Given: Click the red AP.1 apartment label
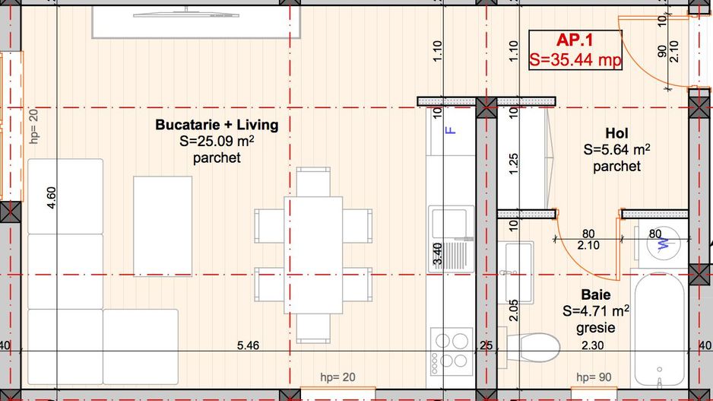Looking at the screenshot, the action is [x=575, y=40].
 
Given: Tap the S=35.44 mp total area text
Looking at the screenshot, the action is [x=575, y=59].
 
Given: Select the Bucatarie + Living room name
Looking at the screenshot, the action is [x=217, y=124].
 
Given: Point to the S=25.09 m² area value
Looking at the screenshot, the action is [x=217, y=141].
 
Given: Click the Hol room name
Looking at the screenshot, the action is [x=616, y=133].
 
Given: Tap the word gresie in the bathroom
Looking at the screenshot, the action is [x=595, y=328].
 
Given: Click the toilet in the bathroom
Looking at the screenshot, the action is [x=530, y=347].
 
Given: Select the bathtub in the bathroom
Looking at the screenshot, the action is [x=659, y=329].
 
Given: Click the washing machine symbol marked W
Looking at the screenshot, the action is [x=664, y=243].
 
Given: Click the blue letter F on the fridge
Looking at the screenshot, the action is [x=450, y=130].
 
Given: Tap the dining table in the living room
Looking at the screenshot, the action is [x=313, y=255].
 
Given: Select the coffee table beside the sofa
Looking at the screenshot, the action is [x=163, y=226].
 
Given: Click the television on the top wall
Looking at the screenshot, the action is [x=186, y=15].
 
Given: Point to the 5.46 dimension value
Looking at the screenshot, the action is [x=249, y=345].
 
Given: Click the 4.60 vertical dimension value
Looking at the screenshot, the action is [x=51, y=198].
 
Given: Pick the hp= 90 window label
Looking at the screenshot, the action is [x=594, y=377].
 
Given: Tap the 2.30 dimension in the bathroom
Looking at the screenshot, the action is [x=593, y=345].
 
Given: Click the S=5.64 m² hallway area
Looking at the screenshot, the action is [x=616, y=149].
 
